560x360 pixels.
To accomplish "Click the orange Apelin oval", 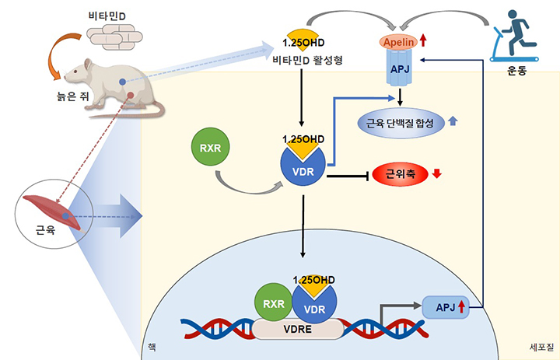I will tap(397, 40).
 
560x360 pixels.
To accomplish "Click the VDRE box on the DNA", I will tap(298, 328).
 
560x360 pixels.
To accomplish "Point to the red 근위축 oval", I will tap(401, 174).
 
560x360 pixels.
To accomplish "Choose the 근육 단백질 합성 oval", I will tap(399, 122).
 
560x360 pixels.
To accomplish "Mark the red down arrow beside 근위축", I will tap(437, 173).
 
